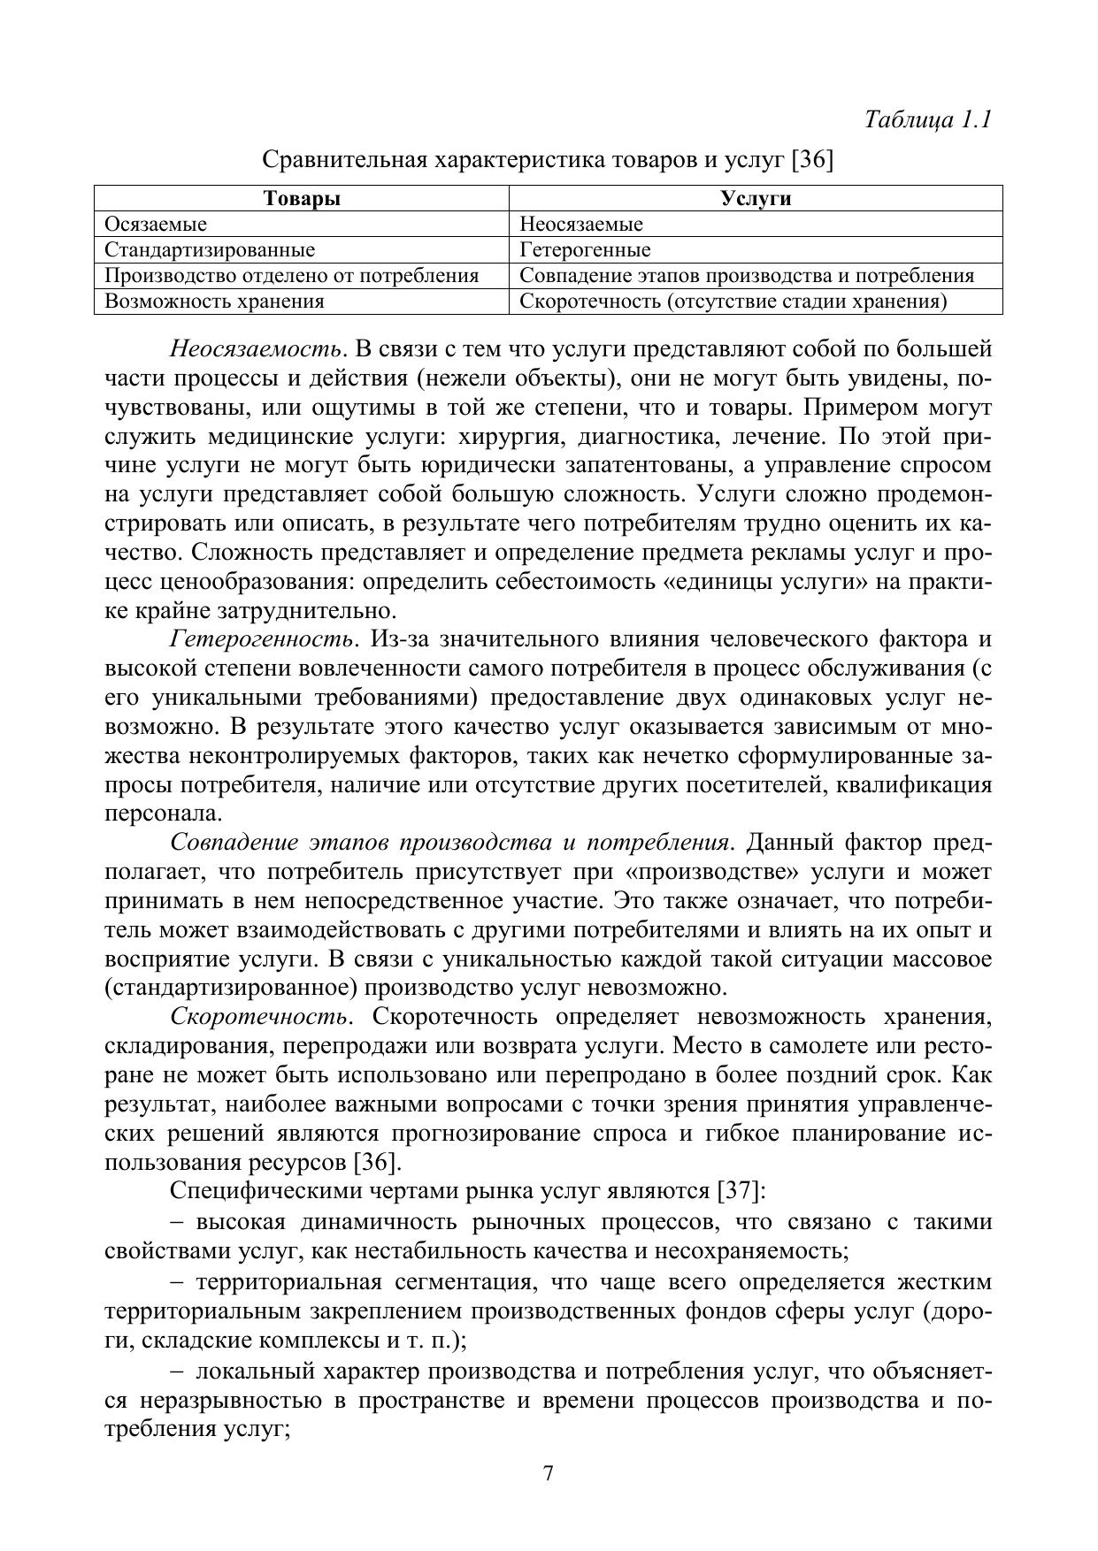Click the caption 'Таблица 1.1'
927,119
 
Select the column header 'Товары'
302,198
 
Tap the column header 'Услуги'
756,198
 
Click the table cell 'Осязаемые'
156,224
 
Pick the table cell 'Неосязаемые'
581,224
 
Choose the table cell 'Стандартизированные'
210,249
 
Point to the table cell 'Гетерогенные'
585,249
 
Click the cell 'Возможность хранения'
214,301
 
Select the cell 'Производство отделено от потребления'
292,275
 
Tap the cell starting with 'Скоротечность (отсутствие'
733,301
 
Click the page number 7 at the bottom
549,1474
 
